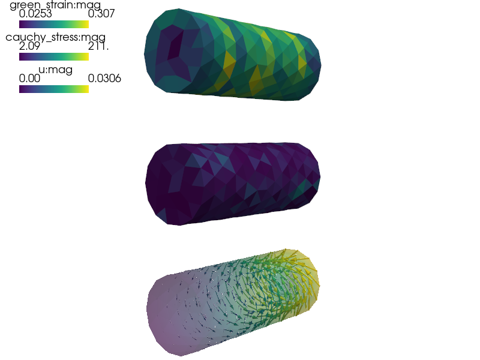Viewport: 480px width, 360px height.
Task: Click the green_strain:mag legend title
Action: click(55, 5)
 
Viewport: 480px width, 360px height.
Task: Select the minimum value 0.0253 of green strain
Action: click(35, 13)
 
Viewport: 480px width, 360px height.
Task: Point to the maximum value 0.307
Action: click(101, 13)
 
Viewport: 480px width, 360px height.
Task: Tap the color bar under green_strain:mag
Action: click(54, 24)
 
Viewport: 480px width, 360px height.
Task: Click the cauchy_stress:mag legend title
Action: click(55, 37)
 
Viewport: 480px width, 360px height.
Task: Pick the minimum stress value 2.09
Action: click(29, 46)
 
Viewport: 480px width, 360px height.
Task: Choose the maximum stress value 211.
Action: click(98, 46)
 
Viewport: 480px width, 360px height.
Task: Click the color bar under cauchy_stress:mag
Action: click(54, 56)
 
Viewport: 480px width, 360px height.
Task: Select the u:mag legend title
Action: click(55, 70)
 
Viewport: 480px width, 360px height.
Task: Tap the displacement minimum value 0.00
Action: click(29, 79)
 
